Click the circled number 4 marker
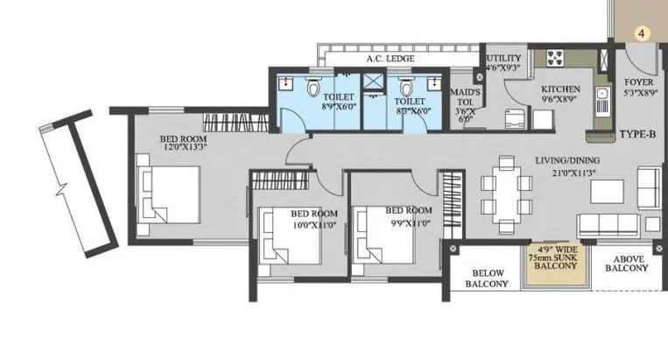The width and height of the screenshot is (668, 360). pyautogui.click(x=642, y=33)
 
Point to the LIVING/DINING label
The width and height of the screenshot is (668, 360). pyautogui.click(x=571, y=161)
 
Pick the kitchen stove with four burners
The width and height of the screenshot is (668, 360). pyautogui.click(x=556, y=59)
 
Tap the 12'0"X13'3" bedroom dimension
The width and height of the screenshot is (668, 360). pyautogui.click(x=185, y=148)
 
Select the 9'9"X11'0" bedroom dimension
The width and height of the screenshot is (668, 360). pyautogui.click(x=408, y=222)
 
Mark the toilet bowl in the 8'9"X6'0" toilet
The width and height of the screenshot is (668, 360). pyautogui.click(x=314, y=89)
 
